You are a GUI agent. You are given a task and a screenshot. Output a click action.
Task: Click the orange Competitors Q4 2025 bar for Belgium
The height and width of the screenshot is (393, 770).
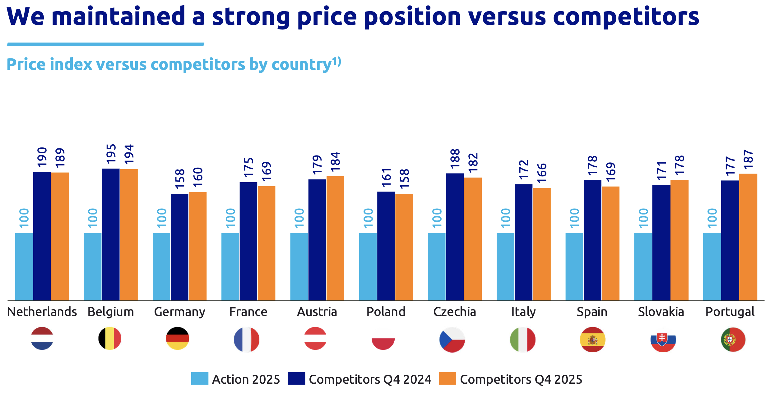coord(129,235)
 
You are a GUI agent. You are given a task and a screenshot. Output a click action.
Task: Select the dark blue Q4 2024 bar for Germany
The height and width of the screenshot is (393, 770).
coord(179,247)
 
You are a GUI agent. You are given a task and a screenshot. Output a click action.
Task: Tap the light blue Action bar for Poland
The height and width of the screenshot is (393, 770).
coord(368,266)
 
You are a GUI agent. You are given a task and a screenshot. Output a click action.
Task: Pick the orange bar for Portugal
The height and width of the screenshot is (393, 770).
coord(748,237)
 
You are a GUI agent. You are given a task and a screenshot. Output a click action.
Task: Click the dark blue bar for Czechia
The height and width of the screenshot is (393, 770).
coord(455,237)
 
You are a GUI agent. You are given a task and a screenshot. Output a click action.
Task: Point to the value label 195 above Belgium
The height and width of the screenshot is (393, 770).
coord(111,154)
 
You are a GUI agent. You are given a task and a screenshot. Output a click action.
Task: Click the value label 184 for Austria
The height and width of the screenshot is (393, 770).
coord(335,162)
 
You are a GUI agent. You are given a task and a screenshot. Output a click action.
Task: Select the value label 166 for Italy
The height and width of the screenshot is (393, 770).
coord(542,173)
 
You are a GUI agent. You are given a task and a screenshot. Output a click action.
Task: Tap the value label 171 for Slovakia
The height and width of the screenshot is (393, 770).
coord(661,171)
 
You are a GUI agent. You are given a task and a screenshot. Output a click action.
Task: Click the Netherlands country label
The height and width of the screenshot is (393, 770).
coord(42,312)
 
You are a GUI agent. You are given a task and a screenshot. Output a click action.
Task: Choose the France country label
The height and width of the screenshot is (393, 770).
coord(248,312)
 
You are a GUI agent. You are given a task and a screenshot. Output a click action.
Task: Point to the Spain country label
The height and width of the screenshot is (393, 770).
coord(592,312)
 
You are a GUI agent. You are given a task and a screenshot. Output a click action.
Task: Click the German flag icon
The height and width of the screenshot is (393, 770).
coord(178,339)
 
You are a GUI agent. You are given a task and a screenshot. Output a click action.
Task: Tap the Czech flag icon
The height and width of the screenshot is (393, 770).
coord(452,340)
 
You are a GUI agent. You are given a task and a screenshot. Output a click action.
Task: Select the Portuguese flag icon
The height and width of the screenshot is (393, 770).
coord(733,340)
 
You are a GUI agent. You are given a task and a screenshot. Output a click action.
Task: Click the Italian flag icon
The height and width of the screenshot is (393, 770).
coord(523,340)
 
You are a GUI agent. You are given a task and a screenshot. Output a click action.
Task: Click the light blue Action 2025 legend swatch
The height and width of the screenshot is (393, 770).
coord(200,378)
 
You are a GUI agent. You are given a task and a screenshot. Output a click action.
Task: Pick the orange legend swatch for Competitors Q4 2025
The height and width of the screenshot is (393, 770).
coord(448,378)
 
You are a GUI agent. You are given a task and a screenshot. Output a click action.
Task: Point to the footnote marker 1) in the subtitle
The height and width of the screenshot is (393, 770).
coord(336,61)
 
